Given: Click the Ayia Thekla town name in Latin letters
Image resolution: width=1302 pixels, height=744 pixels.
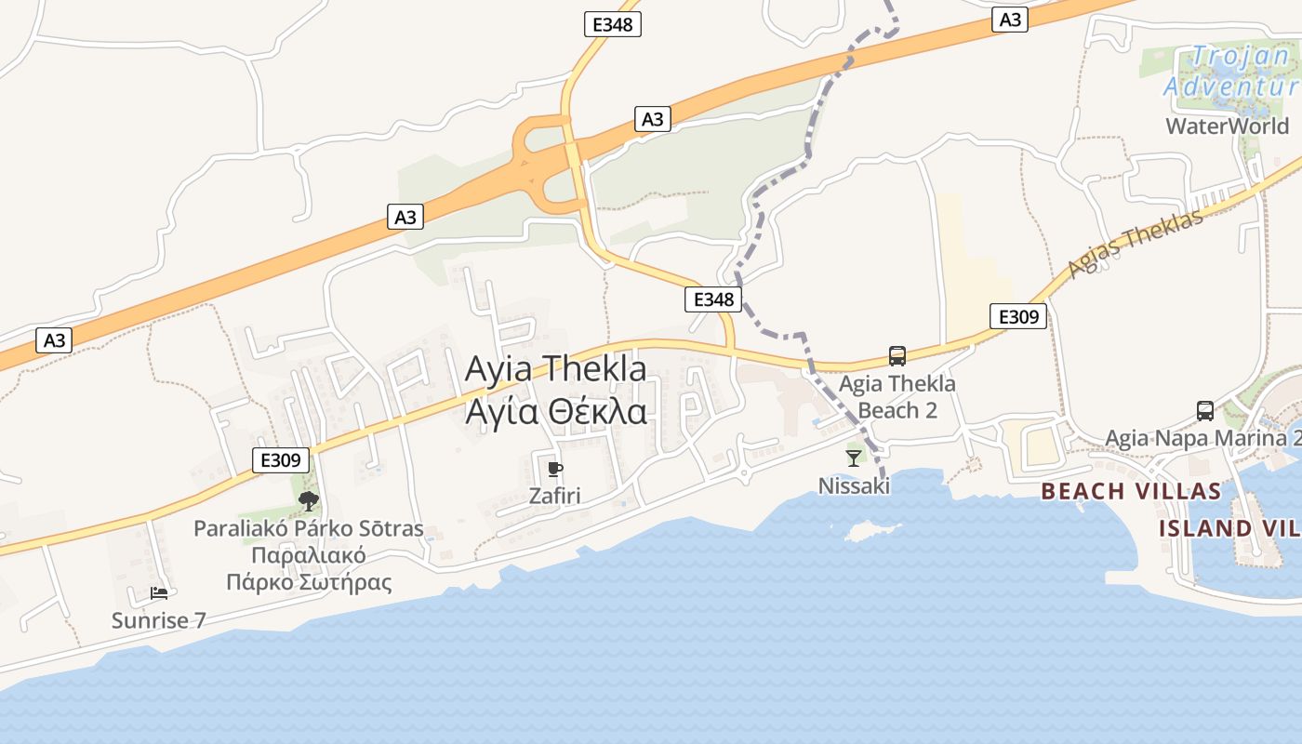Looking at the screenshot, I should tap(555, 369).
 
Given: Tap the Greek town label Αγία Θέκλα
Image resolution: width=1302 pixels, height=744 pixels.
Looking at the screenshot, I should tap(555, 410).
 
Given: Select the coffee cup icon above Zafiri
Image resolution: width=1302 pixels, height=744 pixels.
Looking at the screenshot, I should tap(555, 469).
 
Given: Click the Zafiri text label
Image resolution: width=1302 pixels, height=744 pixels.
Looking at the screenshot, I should tap(554, 496).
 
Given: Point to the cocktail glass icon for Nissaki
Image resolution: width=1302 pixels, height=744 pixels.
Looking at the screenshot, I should tap(854, 458).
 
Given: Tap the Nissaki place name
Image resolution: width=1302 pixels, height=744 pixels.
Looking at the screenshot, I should tap(854, 485).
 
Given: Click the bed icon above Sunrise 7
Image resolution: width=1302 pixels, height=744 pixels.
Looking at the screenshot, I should tap(159, 592).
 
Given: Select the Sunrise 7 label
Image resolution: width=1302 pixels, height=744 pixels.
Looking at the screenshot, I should tap(159, 620).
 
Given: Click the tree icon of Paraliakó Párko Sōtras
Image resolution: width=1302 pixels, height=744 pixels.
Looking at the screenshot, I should tap(309, 502).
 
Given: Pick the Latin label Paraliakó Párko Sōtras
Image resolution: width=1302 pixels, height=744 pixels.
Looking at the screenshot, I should tap(308, 529).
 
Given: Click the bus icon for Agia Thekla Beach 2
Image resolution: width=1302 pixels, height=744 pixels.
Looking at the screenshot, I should tap(897, 355).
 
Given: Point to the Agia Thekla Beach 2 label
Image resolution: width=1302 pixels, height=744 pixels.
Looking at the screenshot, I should tap(897, 396).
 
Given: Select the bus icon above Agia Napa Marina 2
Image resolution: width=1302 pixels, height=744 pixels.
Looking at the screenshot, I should tap(1204, 410).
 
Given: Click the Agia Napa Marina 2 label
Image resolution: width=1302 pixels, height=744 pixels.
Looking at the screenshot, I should tap(1202, 438).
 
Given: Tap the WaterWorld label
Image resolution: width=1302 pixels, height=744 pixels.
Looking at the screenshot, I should tap(1228, 126).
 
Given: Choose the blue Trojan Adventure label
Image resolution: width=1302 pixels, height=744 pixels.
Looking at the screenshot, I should tap(1232, 72).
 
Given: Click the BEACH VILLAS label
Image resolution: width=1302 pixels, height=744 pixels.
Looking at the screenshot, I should tap(1131, 491).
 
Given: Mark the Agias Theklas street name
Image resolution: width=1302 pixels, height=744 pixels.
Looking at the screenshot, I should tap(1136, 244).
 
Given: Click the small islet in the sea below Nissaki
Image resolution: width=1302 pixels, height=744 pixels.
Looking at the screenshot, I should tap(864, 531).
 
